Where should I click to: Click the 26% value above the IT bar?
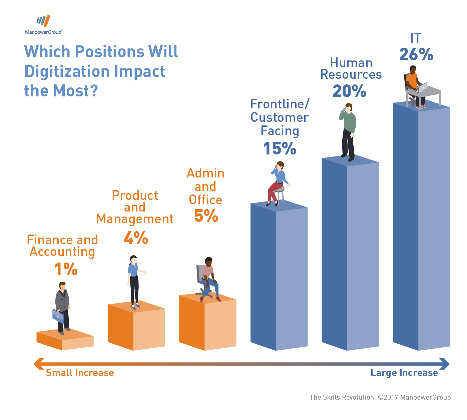[416, 55]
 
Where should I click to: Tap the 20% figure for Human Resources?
[349, 91]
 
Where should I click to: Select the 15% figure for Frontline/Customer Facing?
[280, 148]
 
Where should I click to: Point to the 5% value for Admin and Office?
[206, 216]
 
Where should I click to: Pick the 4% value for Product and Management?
[136, 238]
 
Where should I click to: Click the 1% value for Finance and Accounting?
[66, 269]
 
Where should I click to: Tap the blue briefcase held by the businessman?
[58, 316]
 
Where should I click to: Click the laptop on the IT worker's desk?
[423, 88]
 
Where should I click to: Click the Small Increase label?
[80, 373]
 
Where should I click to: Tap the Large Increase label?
[404, 373]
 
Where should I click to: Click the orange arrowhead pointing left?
[38, 364]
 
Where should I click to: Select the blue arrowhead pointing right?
[445, 364]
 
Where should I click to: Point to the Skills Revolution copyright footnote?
[380, 397]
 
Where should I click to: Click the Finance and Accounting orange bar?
[65, 340]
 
